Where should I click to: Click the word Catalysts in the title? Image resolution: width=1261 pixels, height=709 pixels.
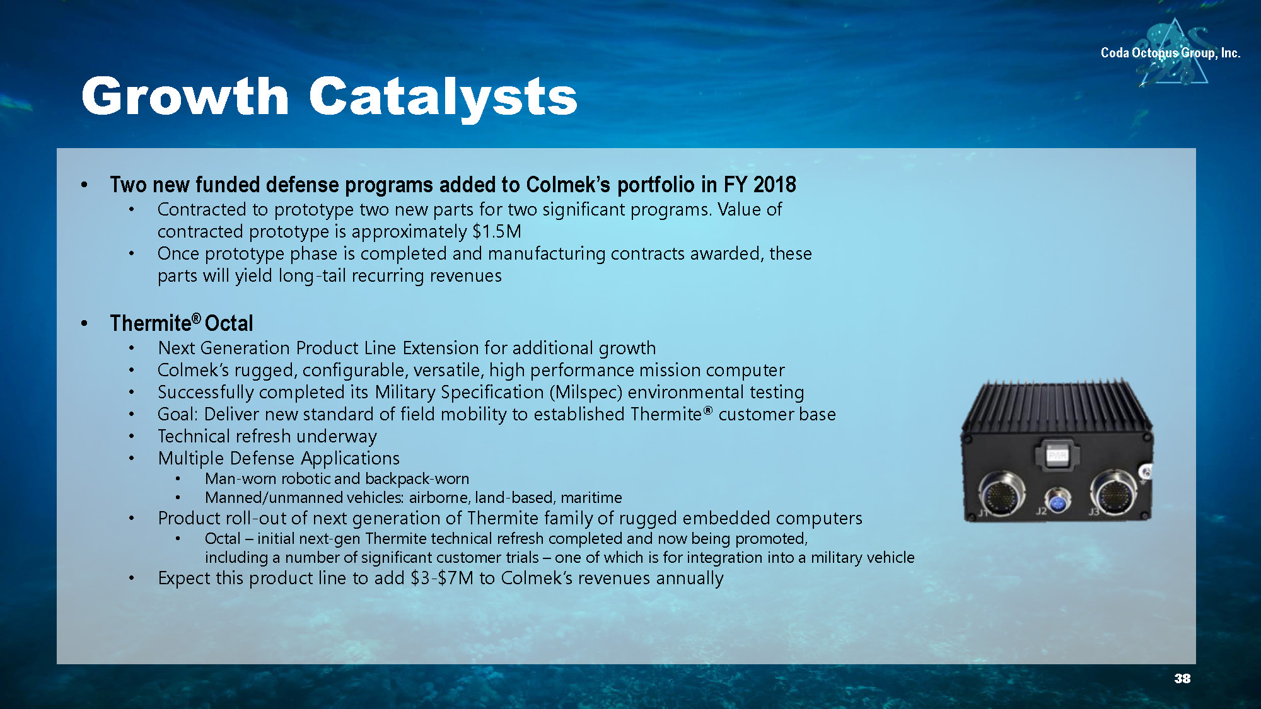pos(443,97)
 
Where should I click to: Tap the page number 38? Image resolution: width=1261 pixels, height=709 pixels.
pos(1182,678)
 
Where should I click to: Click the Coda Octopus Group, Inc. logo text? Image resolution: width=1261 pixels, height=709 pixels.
pos(1170,53)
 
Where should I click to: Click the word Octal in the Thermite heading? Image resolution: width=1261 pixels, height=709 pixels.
pos(229,323)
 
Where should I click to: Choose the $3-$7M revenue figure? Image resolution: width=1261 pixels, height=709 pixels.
pos(442,578)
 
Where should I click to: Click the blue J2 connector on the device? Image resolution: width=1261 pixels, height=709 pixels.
pos(1057,502)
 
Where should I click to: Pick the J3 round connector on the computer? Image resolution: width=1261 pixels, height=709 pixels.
pos(1115,493)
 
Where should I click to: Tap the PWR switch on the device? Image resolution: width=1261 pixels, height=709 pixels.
pos(1057,454)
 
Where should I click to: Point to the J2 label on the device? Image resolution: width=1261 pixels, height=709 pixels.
pos(1041,511)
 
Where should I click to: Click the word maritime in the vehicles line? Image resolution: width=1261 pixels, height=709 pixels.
pos(591,498)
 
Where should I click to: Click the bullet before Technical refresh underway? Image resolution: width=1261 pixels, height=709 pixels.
pos(131,436)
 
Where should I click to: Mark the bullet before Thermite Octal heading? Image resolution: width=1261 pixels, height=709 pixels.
pos(84,324)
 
